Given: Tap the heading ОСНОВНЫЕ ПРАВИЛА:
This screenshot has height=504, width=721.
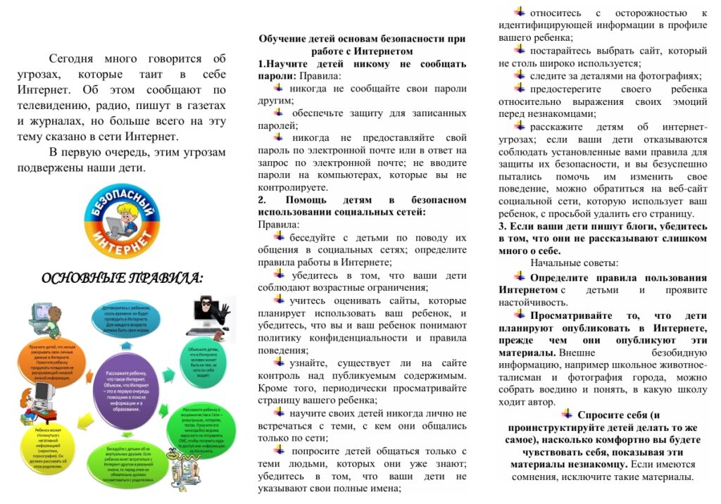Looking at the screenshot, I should click(x=122, y=279).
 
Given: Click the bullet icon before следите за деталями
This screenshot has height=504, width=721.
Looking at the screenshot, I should click(x=520, y=75).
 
